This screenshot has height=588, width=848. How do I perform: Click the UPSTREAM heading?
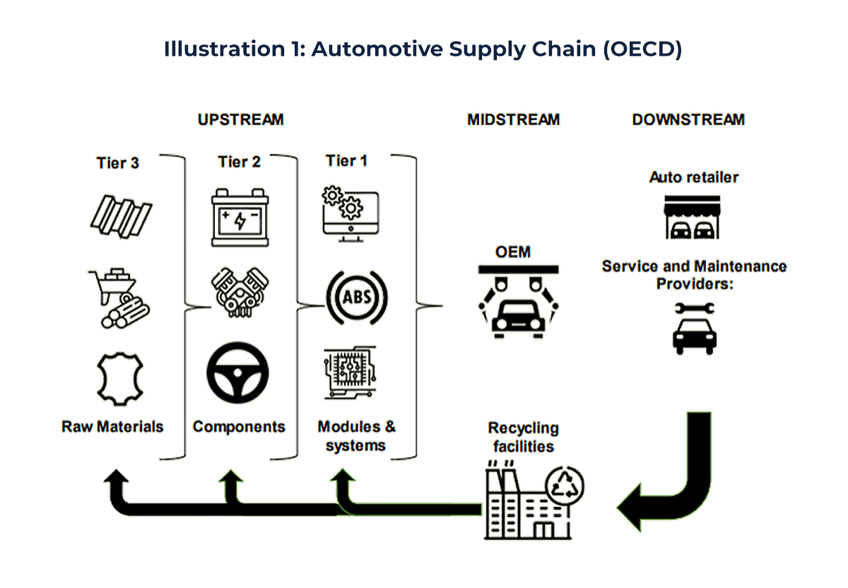click(x=240, y=119)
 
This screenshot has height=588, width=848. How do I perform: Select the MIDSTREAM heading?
click(x=513, y=119)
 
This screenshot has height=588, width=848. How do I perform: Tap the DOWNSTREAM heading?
click(x=688, y=119)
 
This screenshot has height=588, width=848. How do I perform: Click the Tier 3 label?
click(x=118, y=163)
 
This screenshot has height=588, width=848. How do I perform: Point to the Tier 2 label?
click(x=239, y=162)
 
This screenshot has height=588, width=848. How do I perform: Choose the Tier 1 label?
click(x=346, y=161)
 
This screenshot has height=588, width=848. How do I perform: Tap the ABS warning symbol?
click(x=357, y=296)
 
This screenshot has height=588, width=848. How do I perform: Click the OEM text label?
click(x=512, y=252)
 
